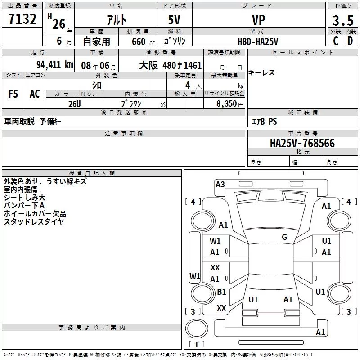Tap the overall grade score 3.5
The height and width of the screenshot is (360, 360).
(x=342, y=20)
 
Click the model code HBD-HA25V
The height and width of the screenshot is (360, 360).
(x=258, y=41)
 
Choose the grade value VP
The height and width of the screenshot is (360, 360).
(x=258, y=20)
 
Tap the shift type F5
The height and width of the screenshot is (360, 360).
(x=13, y=94)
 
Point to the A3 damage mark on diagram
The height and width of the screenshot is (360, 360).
(x=220, y=184)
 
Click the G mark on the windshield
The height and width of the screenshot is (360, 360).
(x=284, y=237)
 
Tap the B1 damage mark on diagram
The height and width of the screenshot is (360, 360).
(x=221, y=292)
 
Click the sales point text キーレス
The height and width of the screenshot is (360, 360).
(x=261, y=73)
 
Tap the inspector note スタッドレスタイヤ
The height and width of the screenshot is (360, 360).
(x=34, y=221)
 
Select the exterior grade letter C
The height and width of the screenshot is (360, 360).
(x=335, y=41)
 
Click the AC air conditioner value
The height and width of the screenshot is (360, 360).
(x=35, y=94)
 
